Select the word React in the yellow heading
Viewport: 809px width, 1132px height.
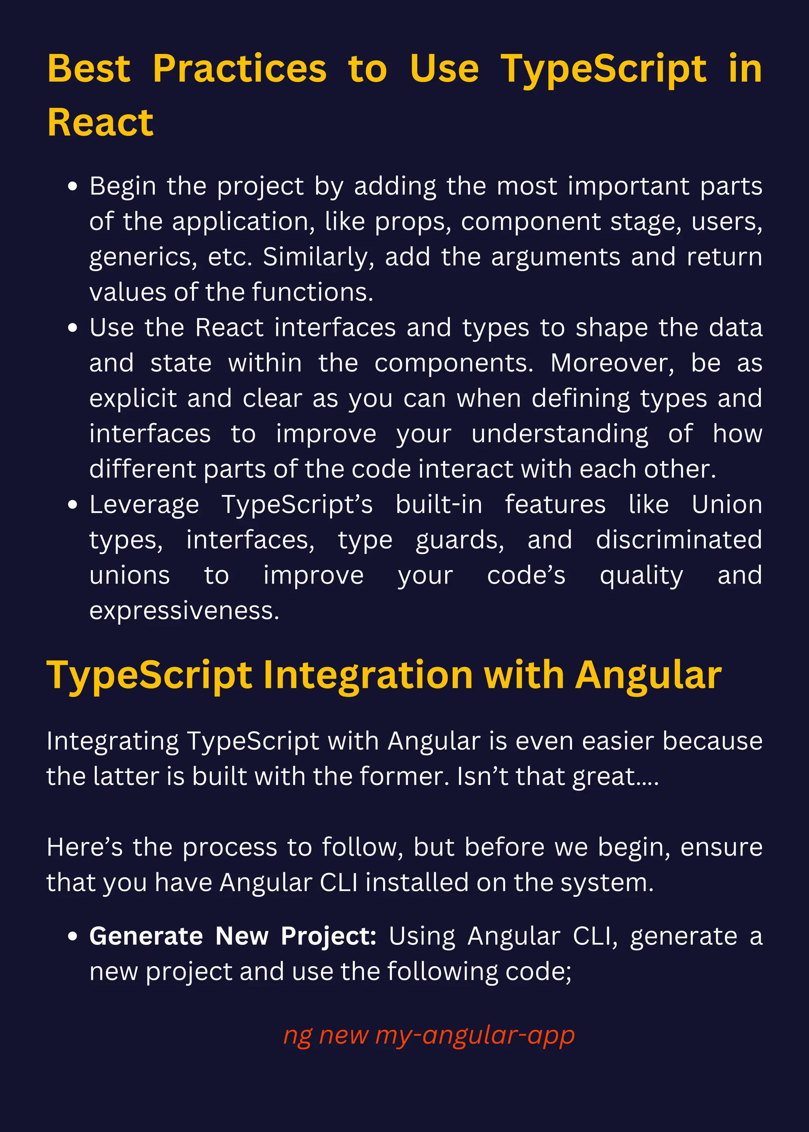coord(100,122)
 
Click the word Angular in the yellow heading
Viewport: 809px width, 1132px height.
coord(648,676)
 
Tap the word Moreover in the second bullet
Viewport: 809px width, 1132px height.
coord(612,363)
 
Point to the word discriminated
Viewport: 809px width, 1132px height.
coord(679,540)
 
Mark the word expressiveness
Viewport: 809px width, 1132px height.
coord(184,611)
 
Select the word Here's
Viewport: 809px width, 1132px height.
coord(84,847)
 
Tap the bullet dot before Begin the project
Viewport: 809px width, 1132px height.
coord(73,187)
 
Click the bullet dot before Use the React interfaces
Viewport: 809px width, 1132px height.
coord(73,328)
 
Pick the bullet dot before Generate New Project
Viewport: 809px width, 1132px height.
coord(73,937)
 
